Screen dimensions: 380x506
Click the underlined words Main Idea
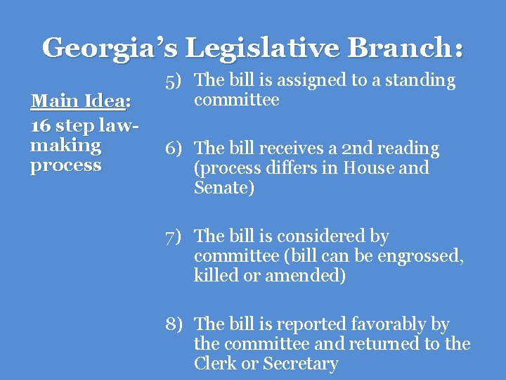tap(77, 101)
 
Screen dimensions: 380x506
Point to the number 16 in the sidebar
tap(40, 126)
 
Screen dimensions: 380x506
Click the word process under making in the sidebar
tap(66, 166)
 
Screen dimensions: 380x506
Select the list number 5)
tap(176, 81)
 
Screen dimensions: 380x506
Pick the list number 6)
tap(176, 149)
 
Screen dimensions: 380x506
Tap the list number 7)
tap(176, 237)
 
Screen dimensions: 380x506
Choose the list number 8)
tap(176, 324)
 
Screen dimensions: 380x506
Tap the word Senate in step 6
tap(221, 188)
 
